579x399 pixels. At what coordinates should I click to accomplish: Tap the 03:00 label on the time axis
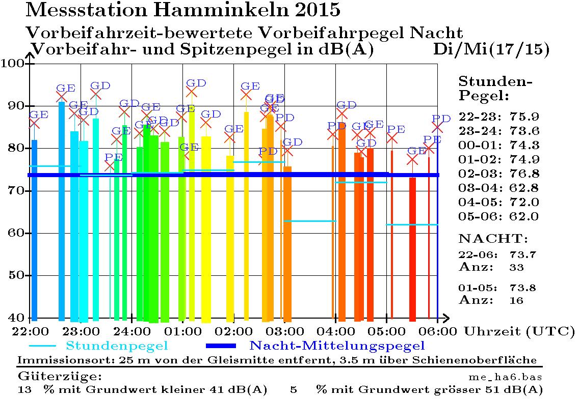click(284, 331)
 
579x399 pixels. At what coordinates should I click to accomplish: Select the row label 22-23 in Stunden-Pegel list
click(477, 117)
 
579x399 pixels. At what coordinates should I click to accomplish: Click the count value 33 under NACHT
click(516, 267)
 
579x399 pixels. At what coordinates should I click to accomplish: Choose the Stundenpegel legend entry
click(117, 347)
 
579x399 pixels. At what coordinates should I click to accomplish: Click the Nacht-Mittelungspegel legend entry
click(337, 347)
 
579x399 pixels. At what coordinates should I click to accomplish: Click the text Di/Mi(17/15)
click(491, 49)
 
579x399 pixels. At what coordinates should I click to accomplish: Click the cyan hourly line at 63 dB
click(310, 221)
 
